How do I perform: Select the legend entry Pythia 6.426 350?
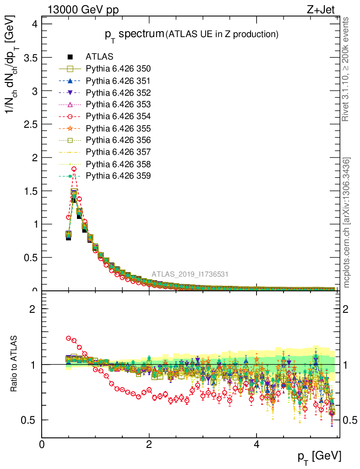click(x=118, y=69)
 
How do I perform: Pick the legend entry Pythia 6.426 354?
click(x=118, y=116)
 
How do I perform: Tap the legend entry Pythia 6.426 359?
click(x=118, y=176)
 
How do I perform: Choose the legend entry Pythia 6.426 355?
click(x=118, y=128)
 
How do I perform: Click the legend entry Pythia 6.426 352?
click(x=118, y=93)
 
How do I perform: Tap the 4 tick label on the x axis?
click(x=256, y=445)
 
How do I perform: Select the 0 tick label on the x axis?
click(x=42, y=445)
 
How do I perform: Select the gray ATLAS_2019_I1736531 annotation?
click(x=190, y=274)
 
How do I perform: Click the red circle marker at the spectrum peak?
click(x=74, y=169)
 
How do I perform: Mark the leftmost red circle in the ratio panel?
click(x=69, y=338)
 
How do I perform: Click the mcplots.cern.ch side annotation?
click(x=347, y=223)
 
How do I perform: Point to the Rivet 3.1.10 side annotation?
click(x=346, y=69)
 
